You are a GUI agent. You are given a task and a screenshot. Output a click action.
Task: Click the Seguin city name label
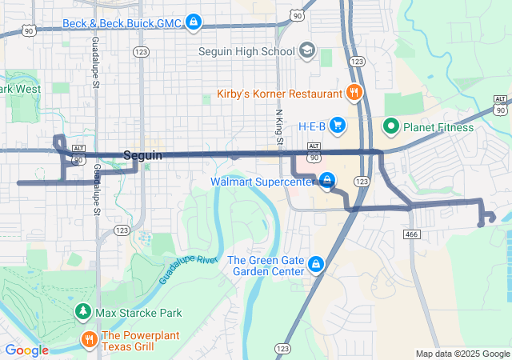tap(143, 155)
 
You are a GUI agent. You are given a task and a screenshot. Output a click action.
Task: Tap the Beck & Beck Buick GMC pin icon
tap(193, 21)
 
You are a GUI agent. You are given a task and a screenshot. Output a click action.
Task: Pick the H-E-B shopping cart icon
tap(338, 126)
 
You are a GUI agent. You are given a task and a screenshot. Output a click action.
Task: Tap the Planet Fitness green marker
tap(391, 126)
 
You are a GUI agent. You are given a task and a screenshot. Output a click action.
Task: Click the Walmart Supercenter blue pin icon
tap(326, 181)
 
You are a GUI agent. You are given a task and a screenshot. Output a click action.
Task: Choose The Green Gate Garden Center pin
tap(316, 264)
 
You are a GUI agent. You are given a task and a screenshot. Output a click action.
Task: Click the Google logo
tap(26, 350)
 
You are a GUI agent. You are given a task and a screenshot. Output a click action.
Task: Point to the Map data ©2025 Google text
tap(462, 354)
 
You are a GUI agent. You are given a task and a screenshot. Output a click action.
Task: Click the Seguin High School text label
tap(246, 52)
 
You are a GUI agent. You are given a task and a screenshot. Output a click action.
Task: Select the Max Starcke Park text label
tap(138, 313)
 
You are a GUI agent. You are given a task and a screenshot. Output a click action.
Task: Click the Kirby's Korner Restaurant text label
tap(279, 94)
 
